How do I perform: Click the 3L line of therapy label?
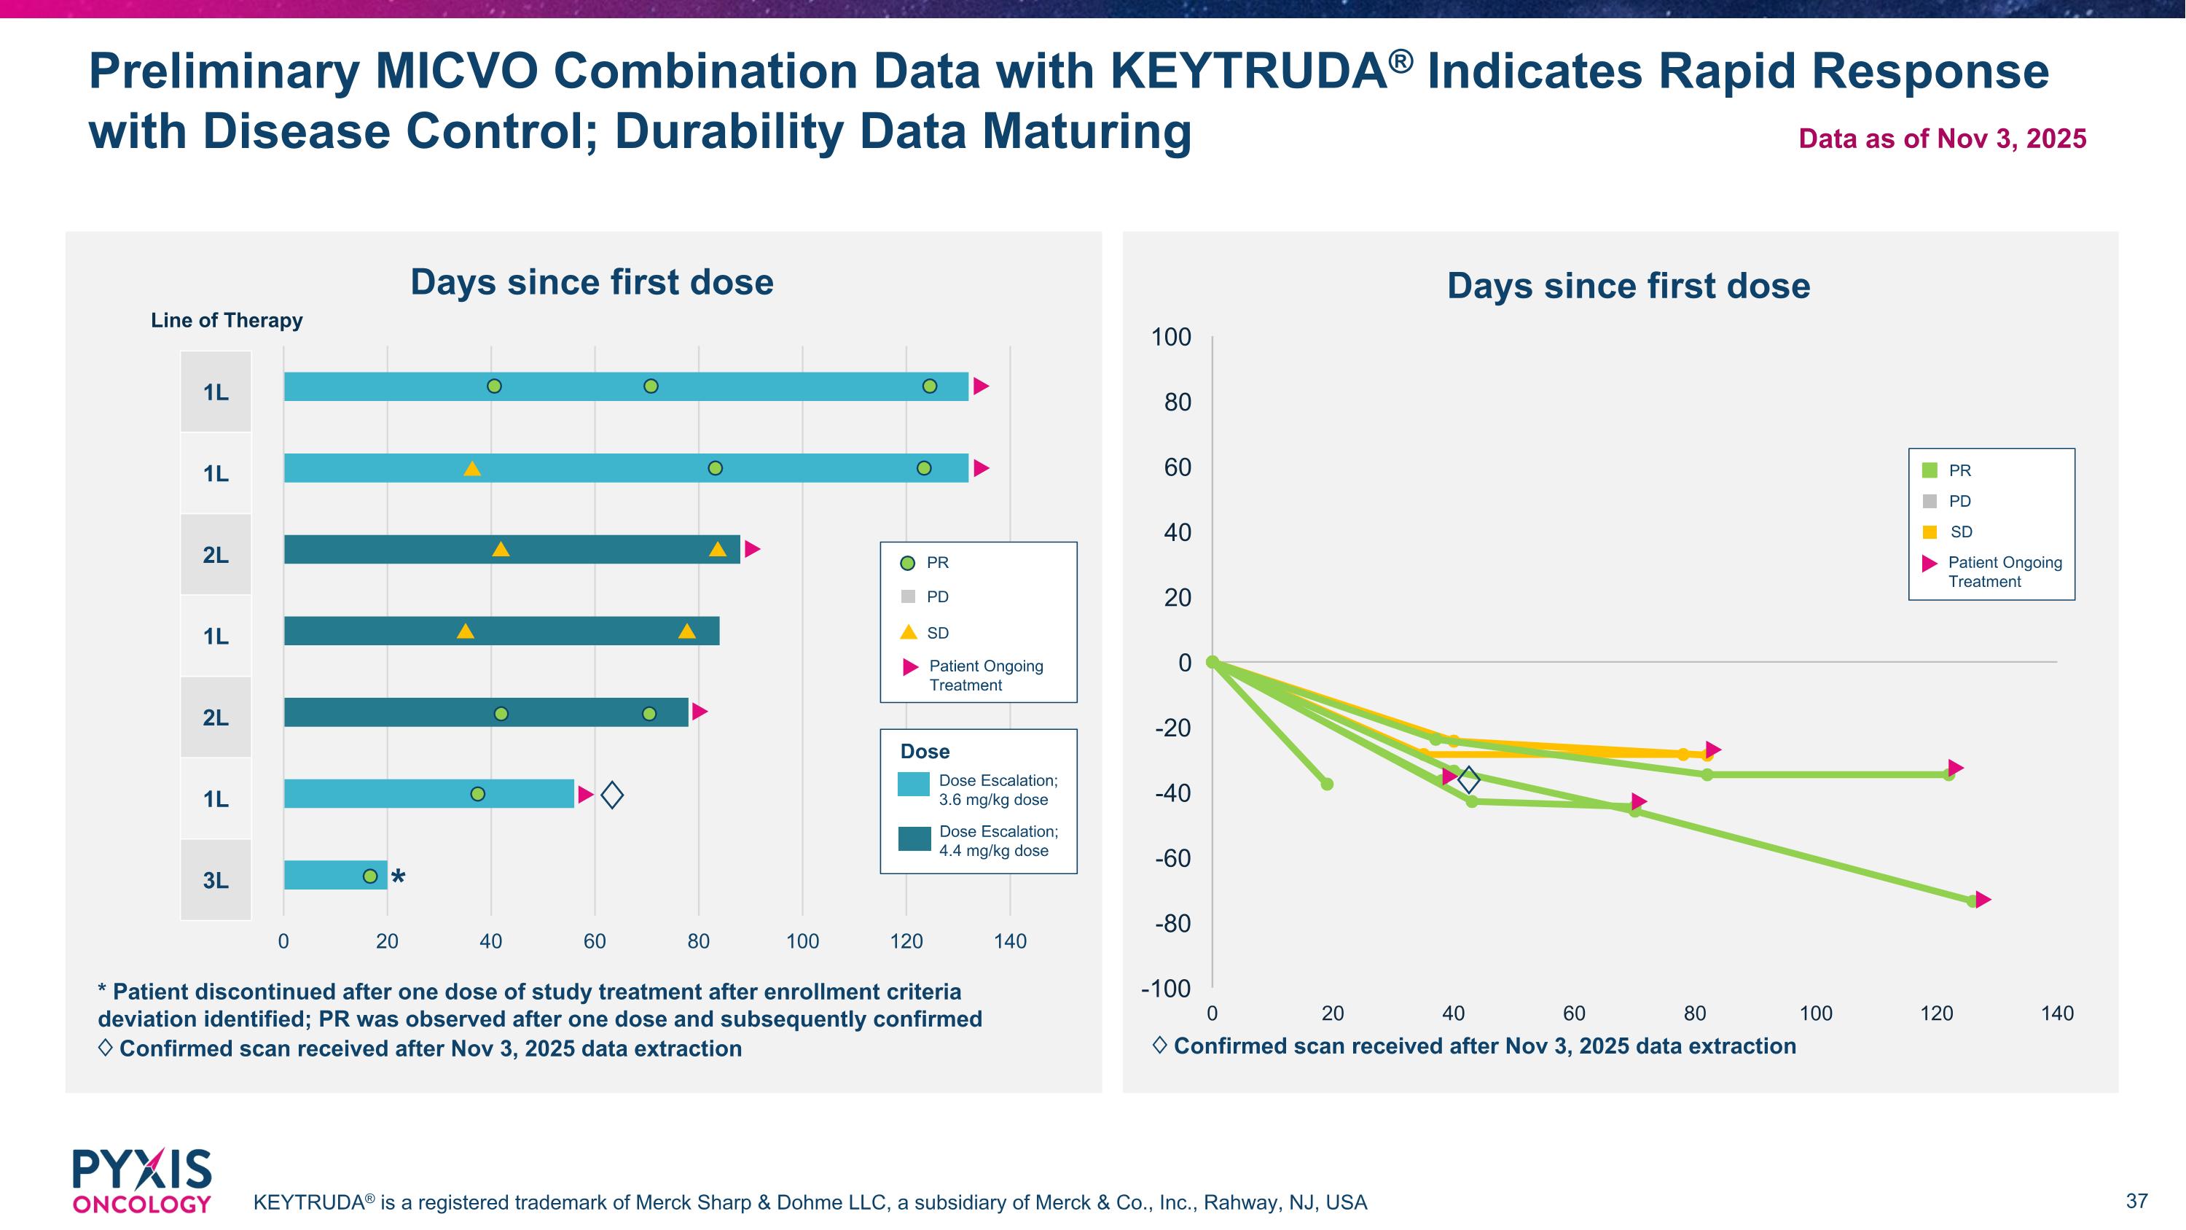[x=216, y=880]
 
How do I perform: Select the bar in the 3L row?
[x=335, y=875]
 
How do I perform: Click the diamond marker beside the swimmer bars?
[x=612, y=795]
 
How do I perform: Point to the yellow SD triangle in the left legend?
[x=908, y=632]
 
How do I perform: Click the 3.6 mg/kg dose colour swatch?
[x=914, y=785]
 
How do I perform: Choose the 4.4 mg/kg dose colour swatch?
[x=914, y=838]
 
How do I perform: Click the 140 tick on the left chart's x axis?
[x=1010, y=941]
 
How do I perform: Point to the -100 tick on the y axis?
[x=1166, y=989]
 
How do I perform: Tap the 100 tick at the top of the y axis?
[x=1171, y=337]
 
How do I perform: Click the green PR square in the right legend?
[x=1930, y=470]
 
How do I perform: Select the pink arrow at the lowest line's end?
[x=1983, y=900]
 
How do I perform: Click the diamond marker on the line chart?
[x=1469, y=779]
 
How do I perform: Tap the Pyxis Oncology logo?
[x=141, y=1180]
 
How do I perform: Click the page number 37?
[x=2136, y=1201]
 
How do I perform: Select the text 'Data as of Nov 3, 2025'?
[x=1942, y=139]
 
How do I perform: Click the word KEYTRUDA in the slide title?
[x=1248, y=71]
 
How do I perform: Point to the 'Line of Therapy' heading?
[x=227, y=320]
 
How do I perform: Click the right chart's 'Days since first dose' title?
[x=1628, y=286]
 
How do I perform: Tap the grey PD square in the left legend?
[x=908, y=596]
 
